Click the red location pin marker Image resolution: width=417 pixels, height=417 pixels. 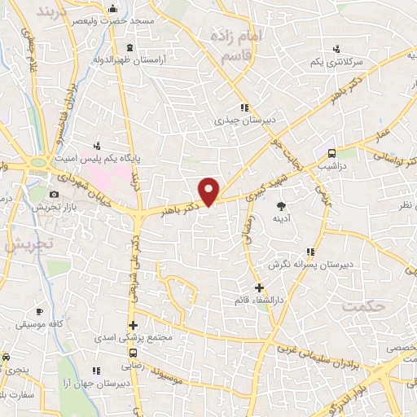pos(210,190)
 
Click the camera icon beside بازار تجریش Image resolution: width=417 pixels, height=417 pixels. pos(54,195)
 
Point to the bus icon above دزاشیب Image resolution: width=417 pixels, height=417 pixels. pos(331,154)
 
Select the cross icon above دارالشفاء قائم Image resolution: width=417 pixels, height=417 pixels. pos(259,287)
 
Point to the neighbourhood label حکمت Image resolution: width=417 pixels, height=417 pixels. pos(362,306)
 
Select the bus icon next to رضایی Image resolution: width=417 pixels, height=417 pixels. pos(133,353)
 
